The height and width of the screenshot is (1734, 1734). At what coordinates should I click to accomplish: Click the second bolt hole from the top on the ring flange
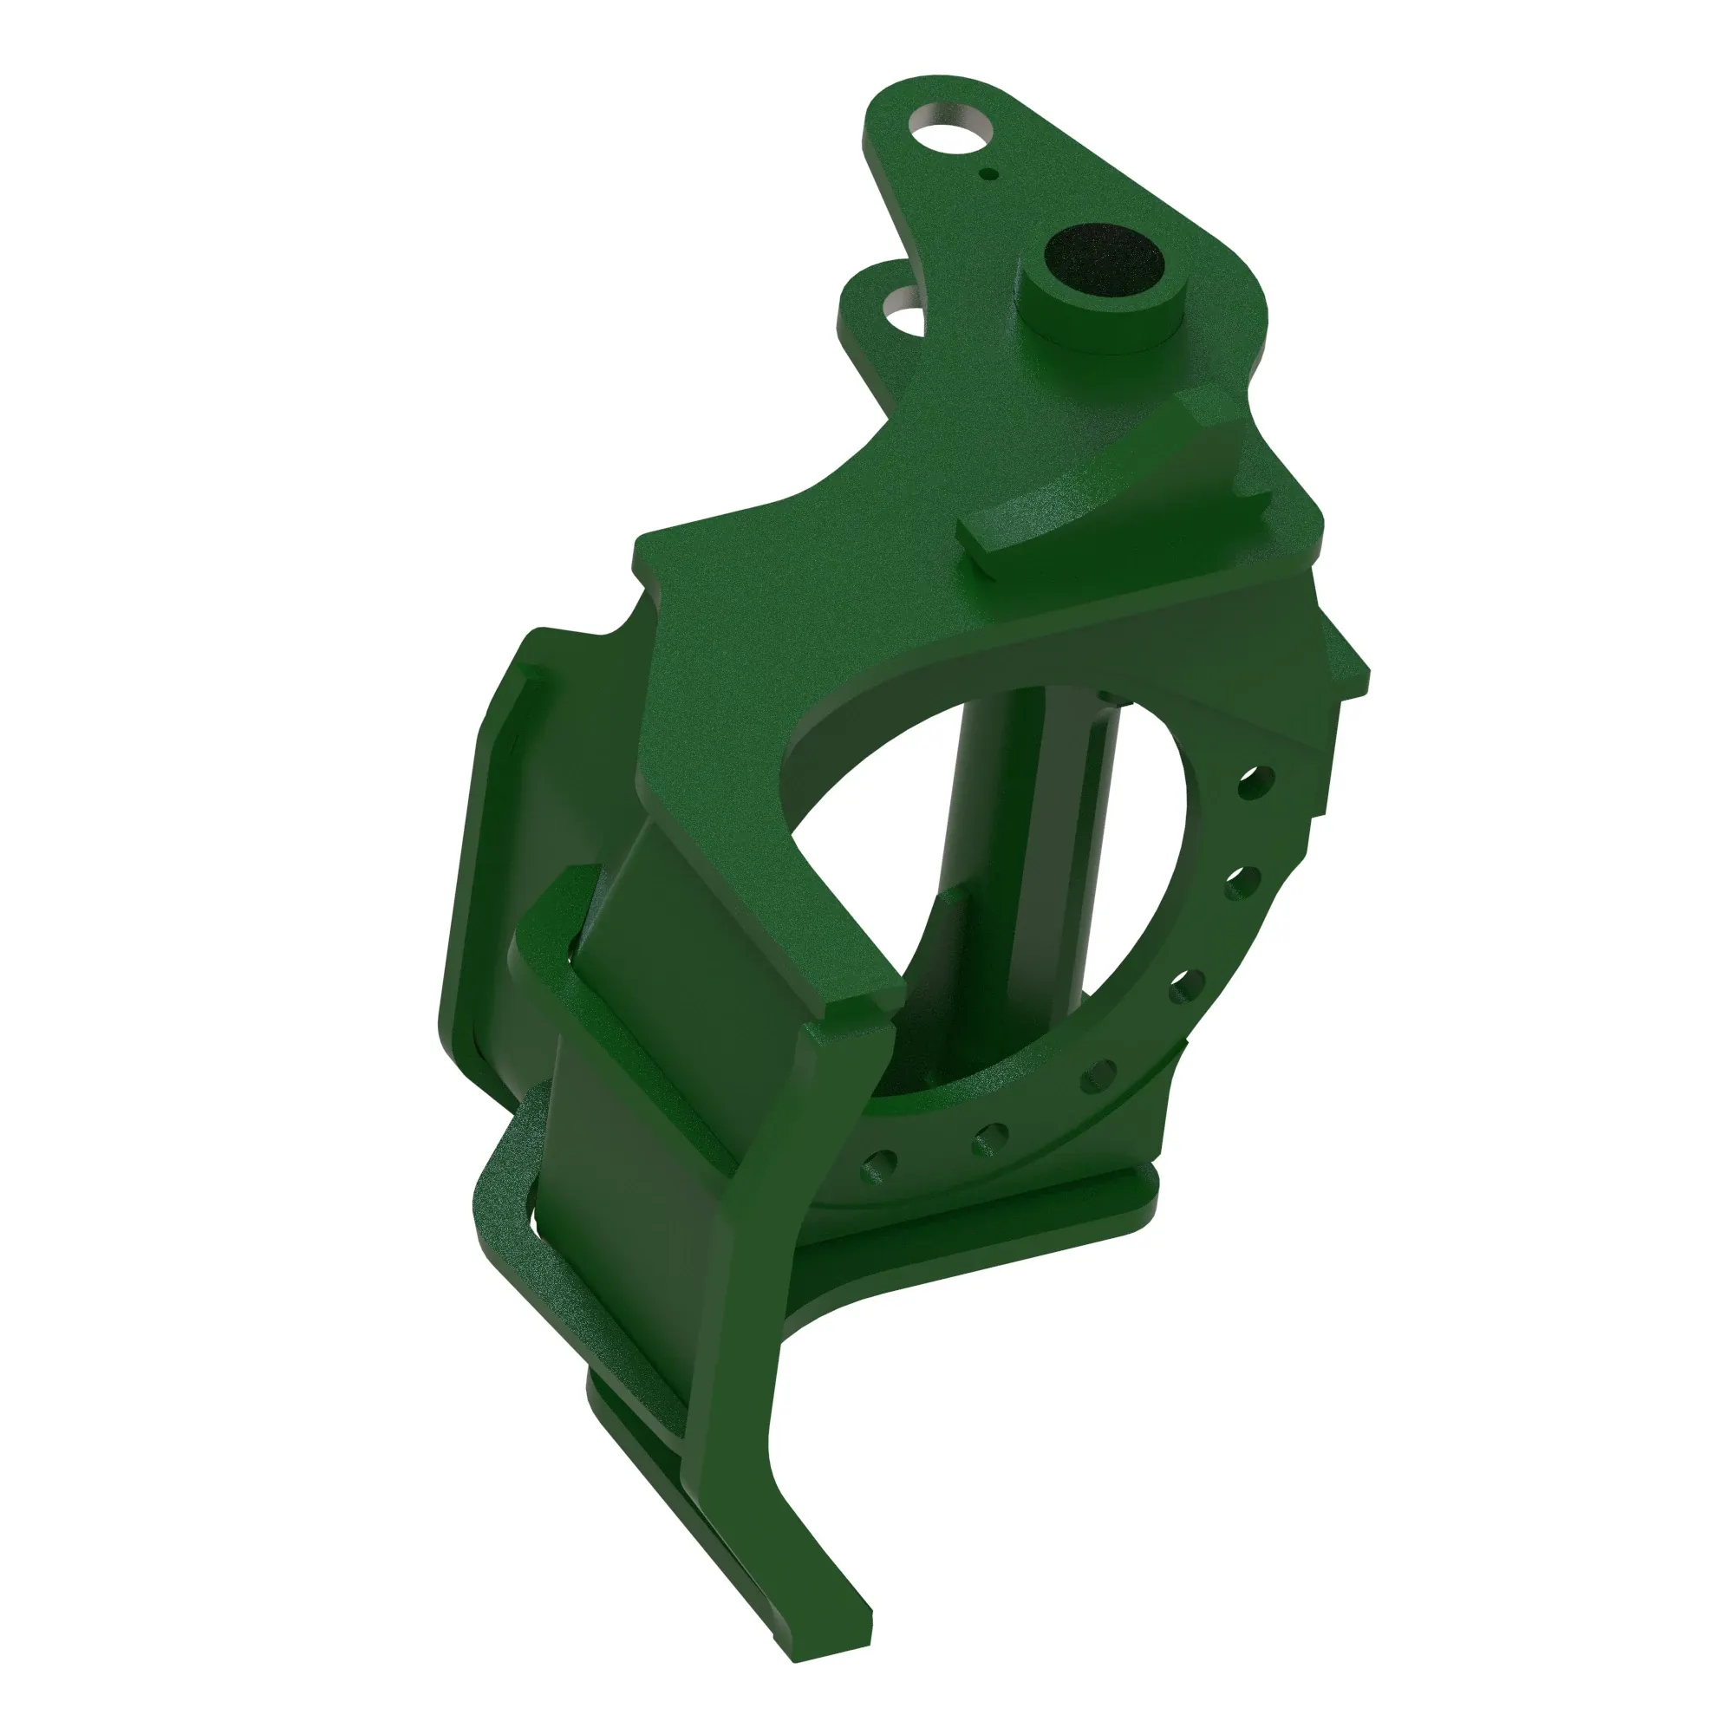pyautogui.click(x=1242, y=883)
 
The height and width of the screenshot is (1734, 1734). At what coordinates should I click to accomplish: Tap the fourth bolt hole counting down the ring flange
pyautogui.click(x=1098, y=1075)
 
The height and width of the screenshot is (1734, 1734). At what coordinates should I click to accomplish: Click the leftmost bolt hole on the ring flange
pyautogui.click(x=878, y=1167)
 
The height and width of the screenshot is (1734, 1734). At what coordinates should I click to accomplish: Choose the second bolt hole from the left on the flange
pyautogui.click(x=990, y=1138)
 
